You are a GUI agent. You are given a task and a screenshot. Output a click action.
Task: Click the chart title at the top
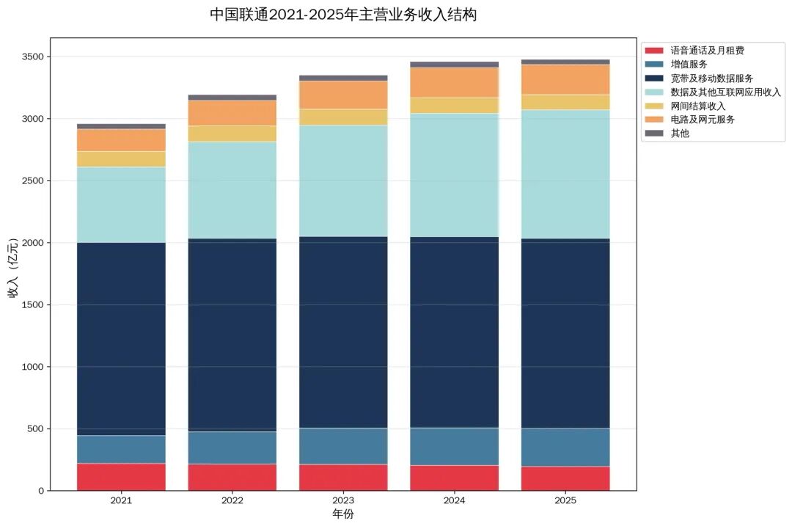point(343,15)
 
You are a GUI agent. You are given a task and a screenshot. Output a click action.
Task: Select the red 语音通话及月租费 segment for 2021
point(121,476)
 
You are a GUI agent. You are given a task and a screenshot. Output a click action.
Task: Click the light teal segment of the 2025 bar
point(565,174)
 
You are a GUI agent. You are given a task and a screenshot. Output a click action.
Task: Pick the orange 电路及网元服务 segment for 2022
point(232,113)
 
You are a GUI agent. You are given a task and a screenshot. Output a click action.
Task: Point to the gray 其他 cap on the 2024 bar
point(455,65)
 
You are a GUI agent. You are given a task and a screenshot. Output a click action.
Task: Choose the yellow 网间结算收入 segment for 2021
point(121,158)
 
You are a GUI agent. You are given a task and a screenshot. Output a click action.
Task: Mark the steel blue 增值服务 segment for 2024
point(455,446)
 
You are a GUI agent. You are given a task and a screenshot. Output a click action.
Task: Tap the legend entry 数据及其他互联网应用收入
point(725,92)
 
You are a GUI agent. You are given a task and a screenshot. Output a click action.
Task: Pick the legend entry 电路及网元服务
point(702,120)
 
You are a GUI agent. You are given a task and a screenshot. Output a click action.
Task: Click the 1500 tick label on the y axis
point(32,305)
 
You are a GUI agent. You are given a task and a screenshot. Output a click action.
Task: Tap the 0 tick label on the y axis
point(40,491)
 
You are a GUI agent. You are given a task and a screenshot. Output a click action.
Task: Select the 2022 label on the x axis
point(232,501)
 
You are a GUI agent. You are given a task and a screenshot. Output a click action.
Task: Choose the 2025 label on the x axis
point(565,501)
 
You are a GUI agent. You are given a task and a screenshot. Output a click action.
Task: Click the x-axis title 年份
point(343,514)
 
